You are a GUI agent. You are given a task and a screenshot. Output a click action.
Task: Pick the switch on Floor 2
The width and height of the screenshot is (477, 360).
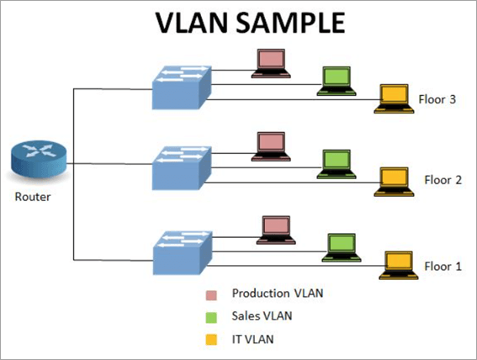click(179, 167)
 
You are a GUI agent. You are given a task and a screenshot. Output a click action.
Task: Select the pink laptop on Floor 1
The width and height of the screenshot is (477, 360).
click(276, 229)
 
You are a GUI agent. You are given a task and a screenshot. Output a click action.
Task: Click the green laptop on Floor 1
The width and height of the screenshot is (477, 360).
click(342, 247)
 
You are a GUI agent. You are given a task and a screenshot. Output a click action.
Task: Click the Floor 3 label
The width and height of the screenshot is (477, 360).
click(437, 99)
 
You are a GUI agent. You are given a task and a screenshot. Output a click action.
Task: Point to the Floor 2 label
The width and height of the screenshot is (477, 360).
click(443, 179)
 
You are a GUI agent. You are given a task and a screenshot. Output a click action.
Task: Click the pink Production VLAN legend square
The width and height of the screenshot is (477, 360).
click(211, 294)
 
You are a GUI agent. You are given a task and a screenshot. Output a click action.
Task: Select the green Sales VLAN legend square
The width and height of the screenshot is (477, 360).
click(211, 317)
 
